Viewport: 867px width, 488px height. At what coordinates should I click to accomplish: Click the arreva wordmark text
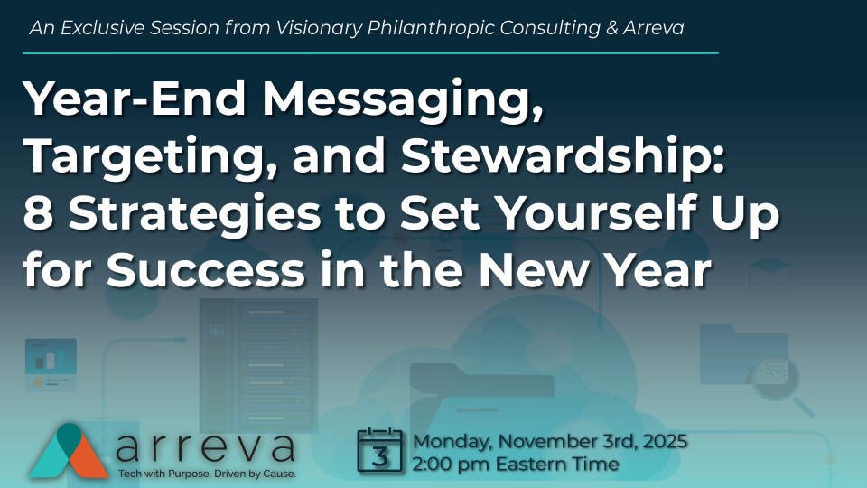(x=207, y=446)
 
